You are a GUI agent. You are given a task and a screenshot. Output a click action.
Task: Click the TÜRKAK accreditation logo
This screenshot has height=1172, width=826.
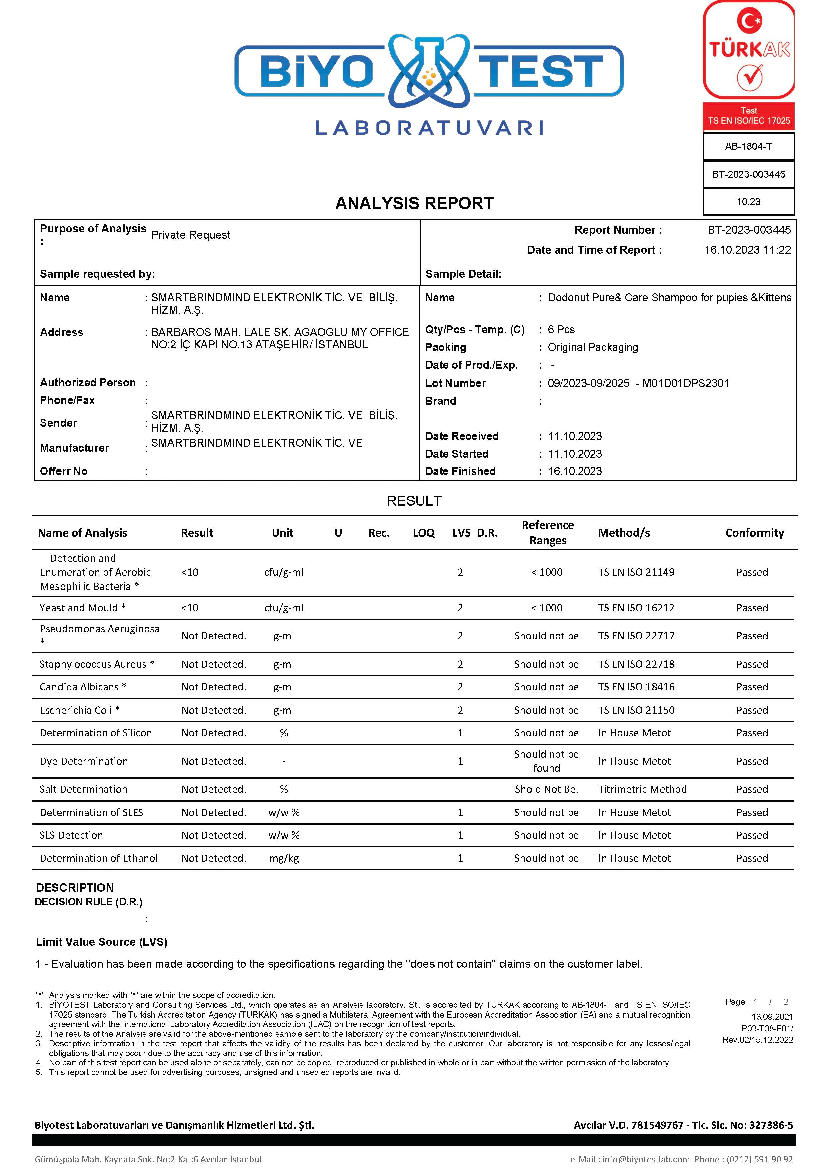click(x=748, y=51)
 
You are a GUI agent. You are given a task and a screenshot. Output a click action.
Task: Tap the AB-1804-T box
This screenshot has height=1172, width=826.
click(x=748, y=146)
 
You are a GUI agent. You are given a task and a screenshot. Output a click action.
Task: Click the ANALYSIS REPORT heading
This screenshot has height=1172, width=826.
click(x=414, y=203)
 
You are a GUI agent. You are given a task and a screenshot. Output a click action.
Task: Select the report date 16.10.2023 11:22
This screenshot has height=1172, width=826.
click(x=747, y=250)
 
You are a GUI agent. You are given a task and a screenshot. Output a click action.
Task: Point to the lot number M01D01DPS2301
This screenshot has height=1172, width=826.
click(x=685, y=383)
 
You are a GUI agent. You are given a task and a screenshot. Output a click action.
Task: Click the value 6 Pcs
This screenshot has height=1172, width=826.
click(x=561, y=330)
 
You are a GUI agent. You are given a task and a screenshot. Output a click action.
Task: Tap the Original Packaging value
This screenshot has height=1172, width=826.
click(x=592, y=348)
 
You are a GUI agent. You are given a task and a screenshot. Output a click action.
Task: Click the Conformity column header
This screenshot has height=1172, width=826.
click(x=754, y=533)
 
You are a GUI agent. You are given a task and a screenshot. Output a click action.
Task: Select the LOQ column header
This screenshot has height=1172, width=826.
click(x=424, y=533)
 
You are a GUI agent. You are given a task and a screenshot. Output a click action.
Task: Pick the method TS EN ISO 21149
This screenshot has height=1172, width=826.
click(x=636, y=572)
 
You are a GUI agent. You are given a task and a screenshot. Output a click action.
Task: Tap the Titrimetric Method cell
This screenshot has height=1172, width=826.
click(x=642, y=789)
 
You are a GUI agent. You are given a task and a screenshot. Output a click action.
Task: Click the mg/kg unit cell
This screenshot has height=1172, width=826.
click(x=284, y=858)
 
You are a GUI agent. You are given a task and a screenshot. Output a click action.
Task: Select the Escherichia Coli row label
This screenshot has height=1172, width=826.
click(x=80, y=710)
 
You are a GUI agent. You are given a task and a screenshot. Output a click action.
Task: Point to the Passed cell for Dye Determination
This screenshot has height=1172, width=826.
click(x=751, y=761)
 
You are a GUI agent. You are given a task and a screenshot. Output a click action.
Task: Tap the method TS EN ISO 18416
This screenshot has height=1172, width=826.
click(x=636, y=687)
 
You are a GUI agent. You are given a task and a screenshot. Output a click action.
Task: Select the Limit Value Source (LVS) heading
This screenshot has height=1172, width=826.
click(x=102, y=942)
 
